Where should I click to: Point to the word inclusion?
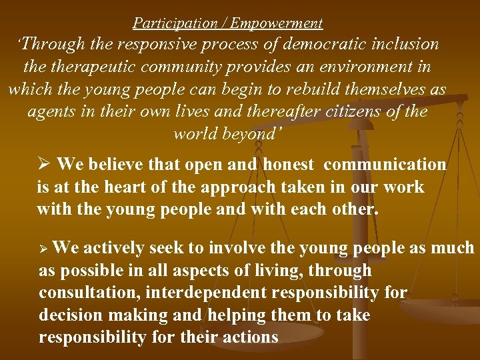[407, 45]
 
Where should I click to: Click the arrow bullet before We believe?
[45, 165]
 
